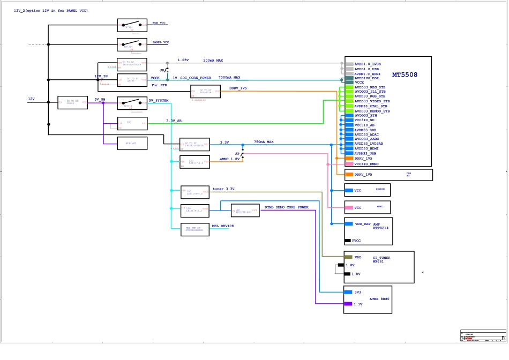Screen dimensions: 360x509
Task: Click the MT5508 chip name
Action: (x=405, y=75)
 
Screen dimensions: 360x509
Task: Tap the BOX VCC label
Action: (x=159, y=23)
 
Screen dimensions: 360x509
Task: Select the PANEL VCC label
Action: (x=161, y=42)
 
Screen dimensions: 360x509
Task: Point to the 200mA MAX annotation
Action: (x=213, y=61)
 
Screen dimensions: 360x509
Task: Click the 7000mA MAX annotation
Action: (x=229, y=78)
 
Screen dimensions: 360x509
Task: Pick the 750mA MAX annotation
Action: (x=264, y=142)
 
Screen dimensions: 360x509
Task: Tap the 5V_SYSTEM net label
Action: (x=159, y=101)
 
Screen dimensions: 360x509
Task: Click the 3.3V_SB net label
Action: (x=174, y=121)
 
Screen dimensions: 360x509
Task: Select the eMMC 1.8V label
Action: (x=229, y=159)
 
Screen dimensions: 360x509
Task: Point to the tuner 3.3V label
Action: (x=223, y=189)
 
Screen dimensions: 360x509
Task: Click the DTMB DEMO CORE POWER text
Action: (x=287, y=207)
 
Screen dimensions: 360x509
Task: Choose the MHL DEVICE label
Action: (x=223, y=226)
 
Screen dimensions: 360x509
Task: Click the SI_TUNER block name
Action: (x=381, y=258)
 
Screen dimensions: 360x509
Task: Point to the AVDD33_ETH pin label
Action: (x=365, y=115)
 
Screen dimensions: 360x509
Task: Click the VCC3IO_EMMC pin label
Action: (x=366, y=163)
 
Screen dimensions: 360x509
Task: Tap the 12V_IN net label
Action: (x=101, y=77)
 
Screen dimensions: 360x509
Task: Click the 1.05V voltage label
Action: (x=183, y=61)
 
